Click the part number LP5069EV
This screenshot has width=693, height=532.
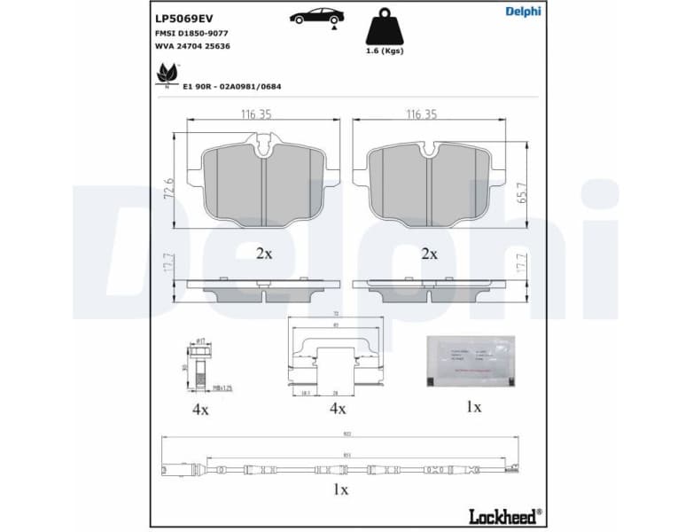point(183,17)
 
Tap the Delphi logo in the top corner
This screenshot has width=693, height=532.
point(522,12)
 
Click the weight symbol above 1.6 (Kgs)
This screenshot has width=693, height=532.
point(385,28)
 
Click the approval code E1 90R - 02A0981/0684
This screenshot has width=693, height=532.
point(232,86)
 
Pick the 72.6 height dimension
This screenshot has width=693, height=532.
point(169,188)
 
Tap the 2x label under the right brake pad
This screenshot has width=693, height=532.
point(429,254)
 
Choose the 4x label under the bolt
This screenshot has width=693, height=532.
point(200,409)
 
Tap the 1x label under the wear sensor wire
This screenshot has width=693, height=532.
point(340,489)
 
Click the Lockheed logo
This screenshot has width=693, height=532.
point(503,516)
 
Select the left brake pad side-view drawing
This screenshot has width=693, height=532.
point(263,289)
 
